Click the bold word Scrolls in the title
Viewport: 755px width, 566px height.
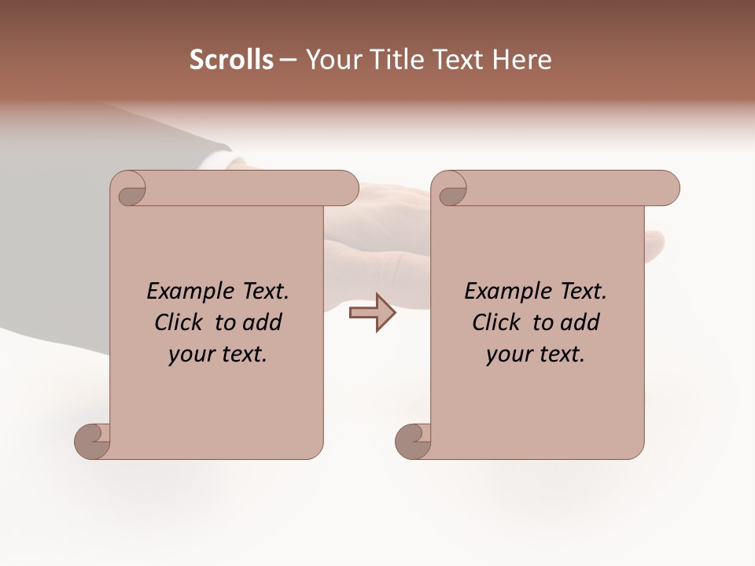point(231,60)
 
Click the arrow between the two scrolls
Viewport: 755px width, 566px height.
point(372,313)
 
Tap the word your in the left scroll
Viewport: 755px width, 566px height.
point(190,355)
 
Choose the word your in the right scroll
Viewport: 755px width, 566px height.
point(508,355)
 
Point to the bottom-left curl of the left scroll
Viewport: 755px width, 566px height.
point(94,441)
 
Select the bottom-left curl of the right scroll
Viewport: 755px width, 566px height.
point(414,441)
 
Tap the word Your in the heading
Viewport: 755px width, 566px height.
point(330,60)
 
